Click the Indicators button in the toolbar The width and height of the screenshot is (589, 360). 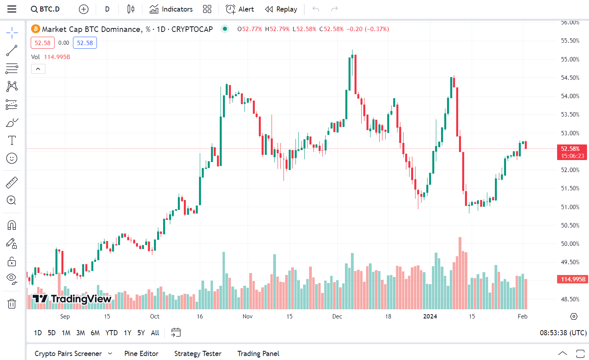point(171,9)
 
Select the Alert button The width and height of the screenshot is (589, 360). point(240,9)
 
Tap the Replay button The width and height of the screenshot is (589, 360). point(281,9)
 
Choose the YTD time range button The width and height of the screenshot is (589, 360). point(111,333)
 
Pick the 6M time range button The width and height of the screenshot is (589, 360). point(95,333)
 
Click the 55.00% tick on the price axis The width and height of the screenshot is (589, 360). point(570,59)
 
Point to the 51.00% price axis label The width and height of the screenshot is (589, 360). point(570,207)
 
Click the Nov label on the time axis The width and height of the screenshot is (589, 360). point(247,316)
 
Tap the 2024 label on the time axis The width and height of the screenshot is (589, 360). point(430,316)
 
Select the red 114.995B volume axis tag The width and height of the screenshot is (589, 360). point(572,279)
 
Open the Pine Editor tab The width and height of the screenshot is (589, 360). point(141,354)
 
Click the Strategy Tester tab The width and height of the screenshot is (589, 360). point(197,354)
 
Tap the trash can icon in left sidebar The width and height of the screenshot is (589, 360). point(12,304)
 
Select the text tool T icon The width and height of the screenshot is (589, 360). point(12,140)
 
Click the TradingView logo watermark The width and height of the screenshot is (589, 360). point(72,299)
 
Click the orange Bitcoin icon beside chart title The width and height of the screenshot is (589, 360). point(35,29)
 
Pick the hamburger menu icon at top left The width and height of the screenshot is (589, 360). point(12,9)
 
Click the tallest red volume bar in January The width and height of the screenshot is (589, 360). point(460,273)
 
